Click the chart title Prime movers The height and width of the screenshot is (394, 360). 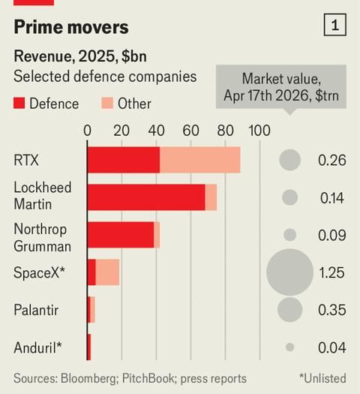71,28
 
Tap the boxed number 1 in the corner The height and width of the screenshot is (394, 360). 334,26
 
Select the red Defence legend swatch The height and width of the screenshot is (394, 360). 19,104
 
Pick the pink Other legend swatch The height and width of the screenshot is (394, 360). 108,104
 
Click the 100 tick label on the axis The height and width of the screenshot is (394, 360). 259,130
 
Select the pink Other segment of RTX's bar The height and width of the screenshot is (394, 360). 199,160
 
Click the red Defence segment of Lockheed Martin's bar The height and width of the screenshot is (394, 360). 146,197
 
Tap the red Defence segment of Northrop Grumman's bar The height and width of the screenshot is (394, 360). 120,234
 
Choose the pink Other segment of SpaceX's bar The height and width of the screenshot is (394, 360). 107,272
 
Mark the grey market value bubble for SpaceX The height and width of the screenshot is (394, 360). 289,272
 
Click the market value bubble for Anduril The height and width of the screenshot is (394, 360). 289,347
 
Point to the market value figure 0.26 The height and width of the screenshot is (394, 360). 331,161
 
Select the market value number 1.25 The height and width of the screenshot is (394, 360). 331,273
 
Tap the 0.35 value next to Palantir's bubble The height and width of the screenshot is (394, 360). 331,310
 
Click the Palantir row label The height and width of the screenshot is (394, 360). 36,309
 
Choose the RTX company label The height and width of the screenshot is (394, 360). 27,159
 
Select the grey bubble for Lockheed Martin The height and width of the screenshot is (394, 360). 289,197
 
